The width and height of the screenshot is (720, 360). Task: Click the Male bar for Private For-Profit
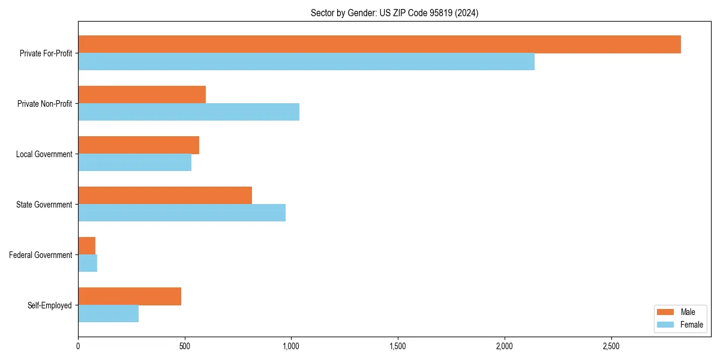click(379, 44)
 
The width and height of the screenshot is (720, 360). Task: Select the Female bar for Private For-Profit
click(306, 62)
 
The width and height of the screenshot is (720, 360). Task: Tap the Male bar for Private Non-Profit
click(142, 95)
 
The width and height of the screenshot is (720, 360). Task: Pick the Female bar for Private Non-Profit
click(188, 112)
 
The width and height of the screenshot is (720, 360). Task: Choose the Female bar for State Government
click(182, 213)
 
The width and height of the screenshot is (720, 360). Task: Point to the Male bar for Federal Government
click(87, 245)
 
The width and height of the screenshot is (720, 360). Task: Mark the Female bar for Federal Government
click(88, 263)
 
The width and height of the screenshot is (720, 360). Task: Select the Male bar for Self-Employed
click(130, 296)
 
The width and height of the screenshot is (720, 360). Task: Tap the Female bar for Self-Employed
click(108, 313)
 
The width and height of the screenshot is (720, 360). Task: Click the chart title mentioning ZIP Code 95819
click(394, 13)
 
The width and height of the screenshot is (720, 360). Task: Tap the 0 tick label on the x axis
click(78, 346)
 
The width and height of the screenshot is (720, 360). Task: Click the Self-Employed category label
click(49, 305)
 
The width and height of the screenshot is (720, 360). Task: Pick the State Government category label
click(44, 205)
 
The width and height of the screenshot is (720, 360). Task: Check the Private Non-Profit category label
click(44, 104)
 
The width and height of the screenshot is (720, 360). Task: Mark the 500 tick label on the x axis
click(185, 346)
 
